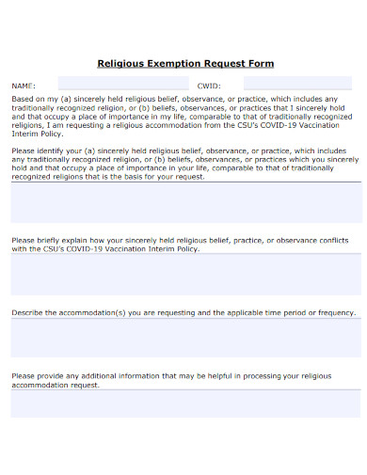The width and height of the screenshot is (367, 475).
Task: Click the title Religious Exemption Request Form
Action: tap(185, 64)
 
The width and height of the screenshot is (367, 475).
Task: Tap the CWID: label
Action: tap(208, 84)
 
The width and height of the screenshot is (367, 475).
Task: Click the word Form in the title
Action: tap(260, 64)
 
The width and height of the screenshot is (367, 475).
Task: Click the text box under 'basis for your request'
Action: tap(185, 202)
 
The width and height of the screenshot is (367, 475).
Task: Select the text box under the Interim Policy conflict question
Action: tap(185, 274)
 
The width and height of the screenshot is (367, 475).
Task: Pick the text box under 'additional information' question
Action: tap(185, 404)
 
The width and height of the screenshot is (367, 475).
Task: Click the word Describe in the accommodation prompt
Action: tap(28, 312)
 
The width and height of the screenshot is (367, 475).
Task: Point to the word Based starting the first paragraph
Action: tap(23, 99)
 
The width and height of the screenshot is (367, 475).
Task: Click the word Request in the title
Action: tap(226, 64)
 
